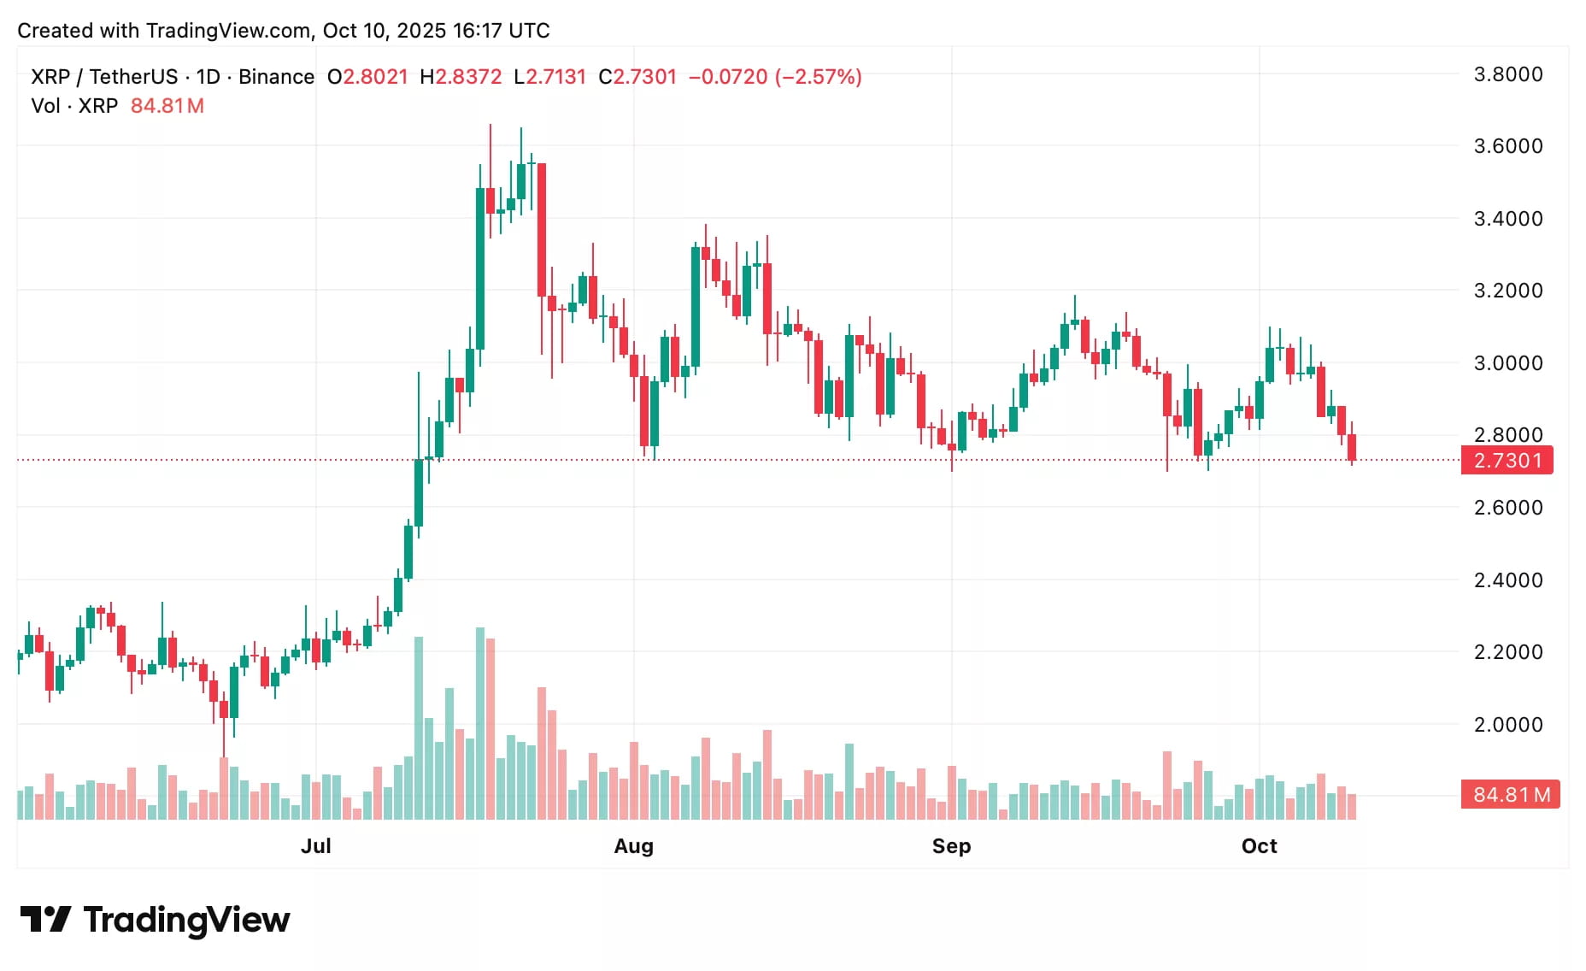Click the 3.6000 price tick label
(1508, 146)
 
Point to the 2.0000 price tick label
(1508, 725)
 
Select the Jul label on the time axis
(315, 846)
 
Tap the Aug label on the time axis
(633, 846)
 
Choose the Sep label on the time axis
(951, 846)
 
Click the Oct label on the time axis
(1259, 846)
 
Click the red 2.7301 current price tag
(1507, 461)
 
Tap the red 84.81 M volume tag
(1511, 795)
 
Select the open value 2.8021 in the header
(374, 77)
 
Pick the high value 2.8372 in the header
(468, 77)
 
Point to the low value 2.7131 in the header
(555, 77)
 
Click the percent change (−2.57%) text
(818, 77)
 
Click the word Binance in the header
(276, 77)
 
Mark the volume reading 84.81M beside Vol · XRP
(167, 106)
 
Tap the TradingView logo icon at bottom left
(45, 920)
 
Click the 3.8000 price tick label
(1508, 74)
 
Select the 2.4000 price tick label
(1508, 580)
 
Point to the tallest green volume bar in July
(480, 723)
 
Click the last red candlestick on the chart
(1352, 447)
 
